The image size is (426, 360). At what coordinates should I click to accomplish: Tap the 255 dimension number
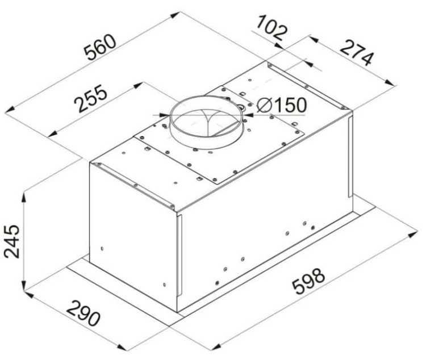(91, 98)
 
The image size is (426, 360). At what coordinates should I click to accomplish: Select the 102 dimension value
(272, 28)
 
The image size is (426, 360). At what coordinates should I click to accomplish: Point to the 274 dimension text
(357, 53)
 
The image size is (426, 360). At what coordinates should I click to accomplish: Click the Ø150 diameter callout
(282, 105)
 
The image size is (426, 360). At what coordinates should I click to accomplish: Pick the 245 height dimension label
(12, 241)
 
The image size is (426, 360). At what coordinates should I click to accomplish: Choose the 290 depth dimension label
(83, 313)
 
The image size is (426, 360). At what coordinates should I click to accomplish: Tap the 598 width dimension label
(308, 281)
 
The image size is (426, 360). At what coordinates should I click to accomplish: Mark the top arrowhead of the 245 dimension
(24, 197)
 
